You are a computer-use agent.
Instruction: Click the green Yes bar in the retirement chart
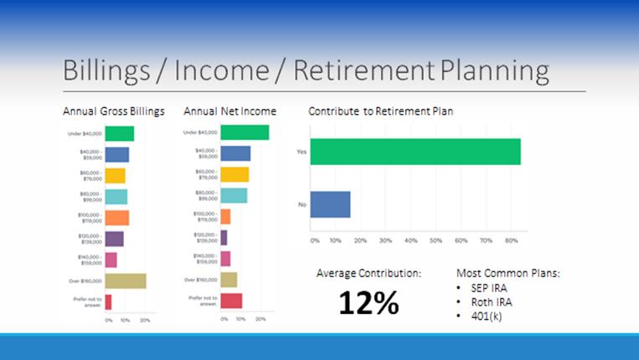coord(415,152)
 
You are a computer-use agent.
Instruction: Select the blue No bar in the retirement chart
coord(330,204)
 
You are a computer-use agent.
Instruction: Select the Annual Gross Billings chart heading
coord(114,111)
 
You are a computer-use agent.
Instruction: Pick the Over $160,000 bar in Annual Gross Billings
coord(126,280)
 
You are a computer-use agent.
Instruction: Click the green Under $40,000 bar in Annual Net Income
coord(245,132)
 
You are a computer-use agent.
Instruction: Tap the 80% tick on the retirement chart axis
coord(511,240)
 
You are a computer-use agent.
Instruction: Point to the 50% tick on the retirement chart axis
coord(435,240)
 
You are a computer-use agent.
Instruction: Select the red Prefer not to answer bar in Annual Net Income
coord(231,301)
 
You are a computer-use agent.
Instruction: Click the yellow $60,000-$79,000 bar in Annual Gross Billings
coord(116,176)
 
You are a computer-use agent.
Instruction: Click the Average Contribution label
coord(369,273)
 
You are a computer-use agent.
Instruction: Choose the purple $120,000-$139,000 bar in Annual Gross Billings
coord(115,239)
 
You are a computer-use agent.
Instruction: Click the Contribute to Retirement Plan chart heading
coord(381,111)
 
